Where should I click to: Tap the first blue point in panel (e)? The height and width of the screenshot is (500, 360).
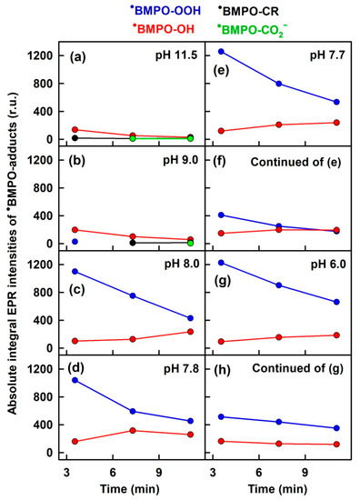click(221, 52)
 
